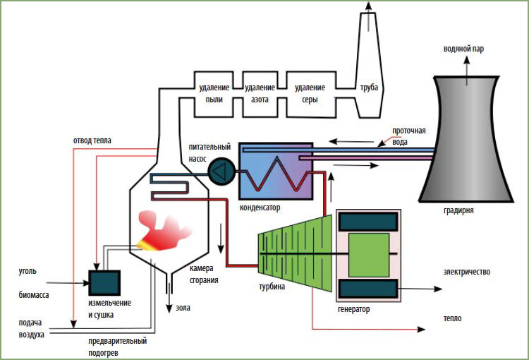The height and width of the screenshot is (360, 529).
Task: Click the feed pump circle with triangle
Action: coord(221,171)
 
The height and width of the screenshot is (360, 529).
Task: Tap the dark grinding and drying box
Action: coord(104,282)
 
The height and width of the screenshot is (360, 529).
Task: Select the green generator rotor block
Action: coord(369,255)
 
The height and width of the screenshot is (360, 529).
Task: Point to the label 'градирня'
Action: coord(458,210)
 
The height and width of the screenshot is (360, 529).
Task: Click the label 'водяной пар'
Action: coord(463,49)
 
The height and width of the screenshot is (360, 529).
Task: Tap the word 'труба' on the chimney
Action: coord(369,88)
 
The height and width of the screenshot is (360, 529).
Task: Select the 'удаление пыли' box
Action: coord(214,94)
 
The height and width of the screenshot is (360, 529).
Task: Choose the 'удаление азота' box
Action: coord(260,94)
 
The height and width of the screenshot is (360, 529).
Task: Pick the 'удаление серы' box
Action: coord(311,94)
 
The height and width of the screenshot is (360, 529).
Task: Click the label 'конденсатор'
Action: coord(260,207)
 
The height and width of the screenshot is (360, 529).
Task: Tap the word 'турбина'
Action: coord(272,287)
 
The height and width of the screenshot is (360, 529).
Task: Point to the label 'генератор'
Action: coord(353,309)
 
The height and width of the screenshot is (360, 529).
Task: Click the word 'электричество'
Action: coord(467,272)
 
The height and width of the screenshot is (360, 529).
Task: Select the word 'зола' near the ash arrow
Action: coord(183,308)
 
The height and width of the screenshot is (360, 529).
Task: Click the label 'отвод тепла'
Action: coord(92,140)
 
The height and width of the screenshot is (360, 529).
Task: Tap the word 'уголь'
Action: coord(28,271)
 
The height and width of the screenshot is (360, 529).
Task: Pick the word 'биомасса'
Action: coord(34,295)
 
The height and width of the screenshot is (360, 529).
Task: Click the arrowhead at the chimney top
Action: coord(368,5)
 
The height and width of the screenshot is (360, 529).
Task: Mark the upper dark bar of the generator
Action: coord(368,222)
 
